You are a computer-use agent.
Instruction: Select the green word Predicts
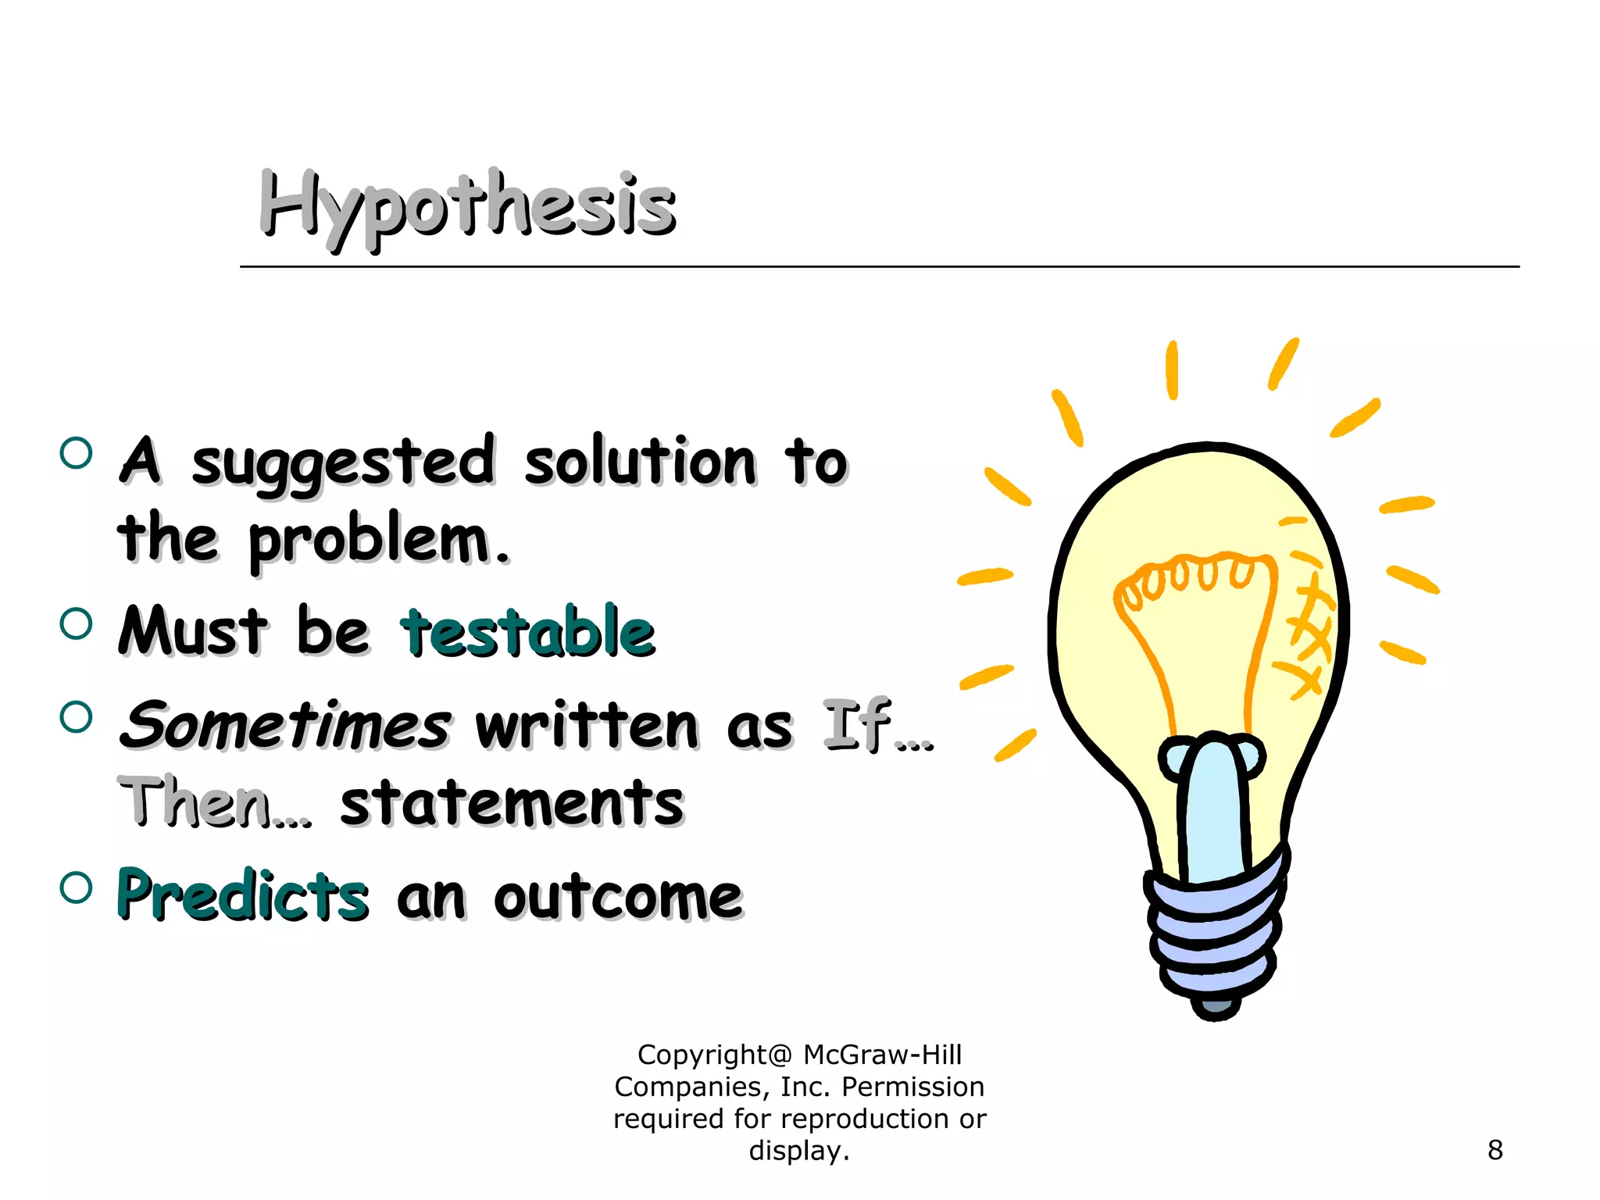point(242,895)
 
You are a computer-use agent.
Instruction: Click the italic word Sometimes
point(286,725)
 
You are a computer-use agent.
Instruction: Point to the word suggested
point(344,462)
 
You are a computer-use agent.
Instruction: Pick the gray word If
point(856,725)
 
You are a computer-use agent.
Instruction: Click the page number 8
point(1495,1150)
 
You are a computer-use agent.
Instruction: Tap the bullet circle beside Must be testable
point(76,623)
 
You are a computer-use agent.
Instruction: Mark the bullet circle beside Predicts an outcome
point(76,887)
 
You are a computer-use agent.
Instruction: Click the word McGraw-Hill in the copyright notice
point(882,1055)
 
